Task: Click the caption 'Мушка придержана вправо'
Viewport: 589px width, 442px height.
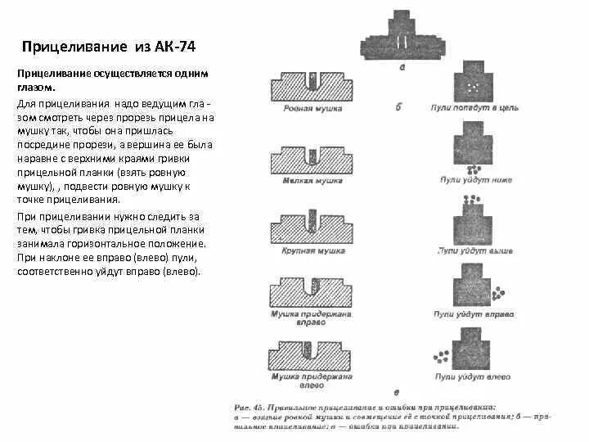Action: tap(312, 318)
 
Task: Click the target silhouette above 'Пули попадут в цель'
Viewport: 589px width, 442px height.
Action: tap(471, 80)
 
